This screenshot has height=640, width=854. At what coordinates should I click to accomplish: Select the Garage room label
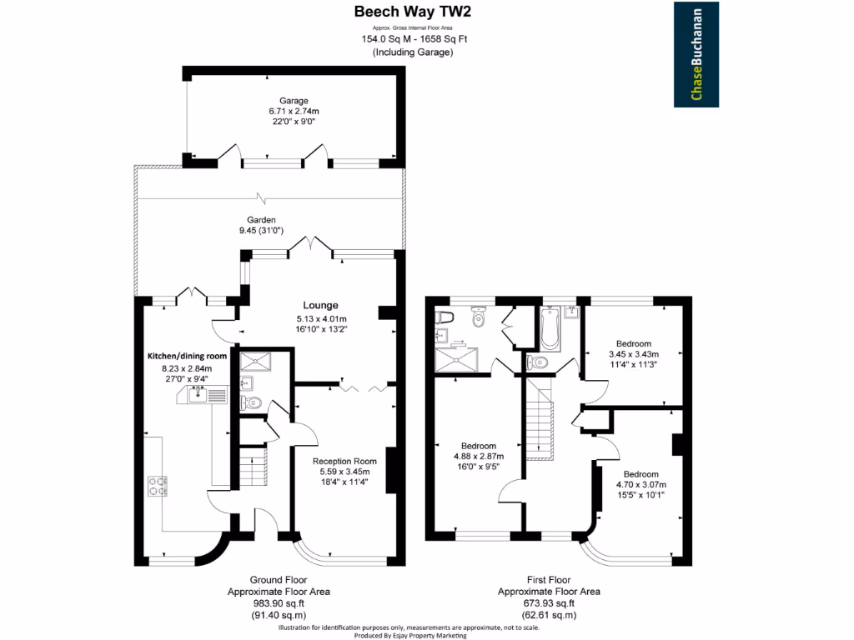[294, 100]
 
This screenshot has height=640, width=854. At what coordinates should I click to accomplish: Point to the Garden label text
[261, 220]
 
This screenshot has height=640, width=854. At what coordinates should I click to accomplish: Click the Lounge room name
[320, 305]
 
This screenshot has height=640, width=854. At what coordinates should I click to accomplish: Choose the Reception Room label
[344, 461]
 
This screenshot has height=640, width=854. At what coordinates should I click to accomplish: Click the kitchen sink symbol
[201, 394]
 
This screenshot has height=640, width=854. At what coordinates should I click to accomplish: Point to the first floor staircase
[540, 426]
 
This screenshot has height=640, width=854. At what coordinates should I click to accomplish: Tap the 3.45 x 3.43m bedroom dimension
[633, 353]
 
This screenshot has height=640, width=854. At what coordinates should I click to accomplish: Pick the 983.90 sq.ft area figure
[278, 603]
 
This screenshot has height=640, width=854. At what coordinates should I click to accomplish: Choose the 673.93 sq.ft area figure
[548, 603]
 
